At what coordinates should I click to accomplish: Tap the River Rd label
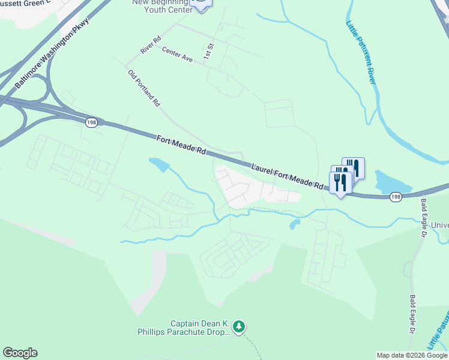coord(151,46)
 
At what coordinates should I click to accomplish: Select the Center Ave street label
coord(177,55)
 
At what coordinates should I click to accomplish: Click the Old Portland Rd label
coord(144,88)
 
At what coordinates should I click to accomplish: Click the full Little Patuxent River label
coord(361,52)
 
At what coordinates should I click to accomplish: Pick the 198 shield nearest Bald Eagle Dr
coord(395,196)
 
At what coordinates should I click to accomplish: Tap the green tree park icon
coord(240,326)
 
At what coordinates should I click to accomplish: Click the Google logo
coord(20,353)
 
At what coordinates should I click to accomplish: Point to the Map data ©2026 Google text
coord(412,355)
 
